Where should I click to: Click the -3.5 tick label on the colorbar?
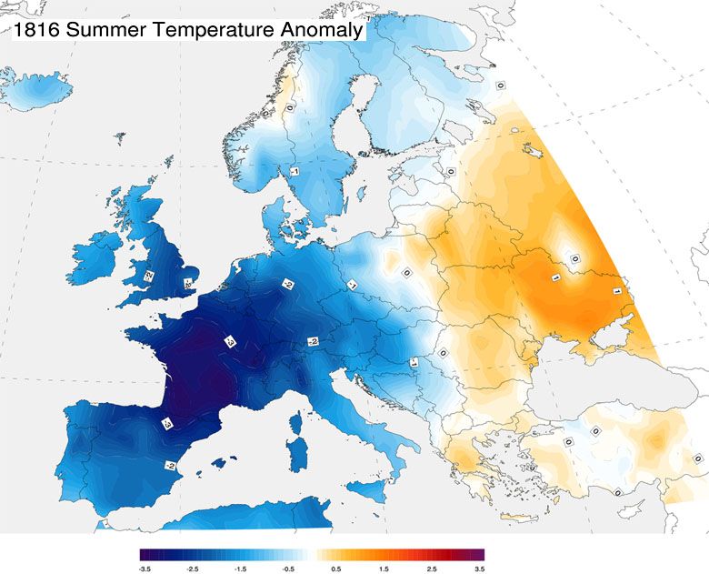click(x=144, y=569)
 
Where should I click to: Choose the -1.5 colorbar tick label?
click(x=241, y=569)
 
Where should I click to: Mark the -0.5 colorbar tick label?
click(x=289, y=569)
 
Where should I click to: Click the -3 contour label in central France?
click(x=230, y=343)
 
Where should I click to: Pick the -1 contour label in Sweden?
click(x=295, y=171)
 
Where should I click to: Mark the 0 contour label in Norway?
click(x=289, y=106)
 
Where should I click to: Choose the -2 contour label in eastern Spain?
click(x=170, y=464)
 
